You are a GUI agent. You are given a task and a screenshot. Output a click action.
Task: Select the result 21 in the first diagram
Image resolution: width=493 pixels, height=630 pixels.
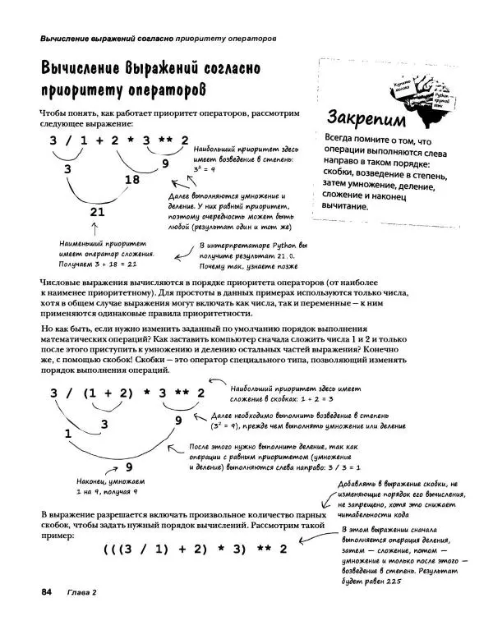(98, 211)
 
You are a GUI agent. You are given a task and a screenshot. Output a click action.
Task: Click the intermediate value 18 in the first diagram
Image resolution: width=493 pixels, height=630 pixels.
(132, 180)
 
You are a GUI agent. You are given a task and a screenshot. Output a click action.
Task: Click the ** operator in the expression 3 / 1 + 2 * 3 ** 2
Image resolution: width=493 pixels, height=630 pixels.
(164, 140)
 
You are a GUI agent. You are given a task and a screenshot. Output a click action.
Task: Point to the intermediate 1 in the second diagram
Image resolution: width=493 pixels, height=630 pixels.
(67, 431)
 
